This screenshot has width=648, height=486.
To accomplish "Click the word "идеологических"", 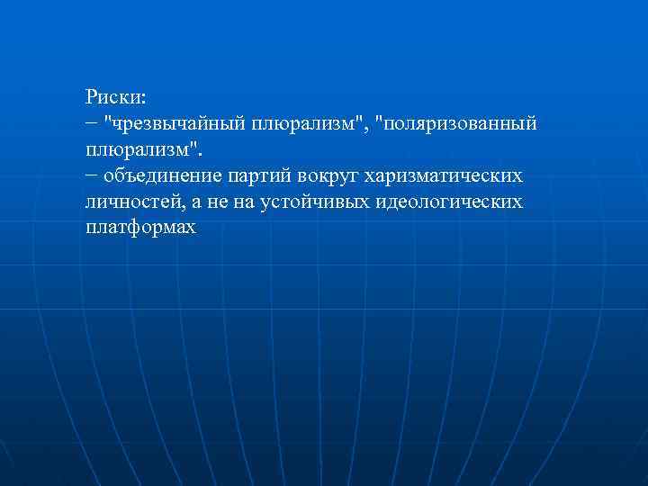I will click(448, 202).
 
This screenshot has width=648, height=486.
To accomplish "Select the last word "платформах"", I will click(140, 229).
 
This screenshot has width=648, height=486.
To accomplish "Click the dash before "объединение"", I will click(93, 175).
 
